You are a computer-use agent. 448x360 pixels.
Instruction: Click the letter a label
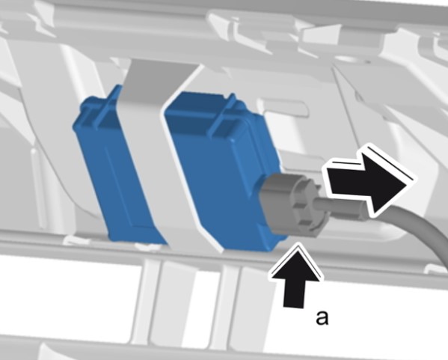(x=322, y=317)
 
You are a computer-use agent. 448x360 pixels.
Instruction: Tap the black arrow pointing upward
(x=295, y=277)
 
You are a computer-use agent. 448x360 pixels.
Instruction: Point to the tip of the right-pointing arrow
(x=412, y=180)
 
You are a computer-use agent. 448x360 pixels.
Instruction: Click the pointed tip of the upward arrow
(x=298, y=247)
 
